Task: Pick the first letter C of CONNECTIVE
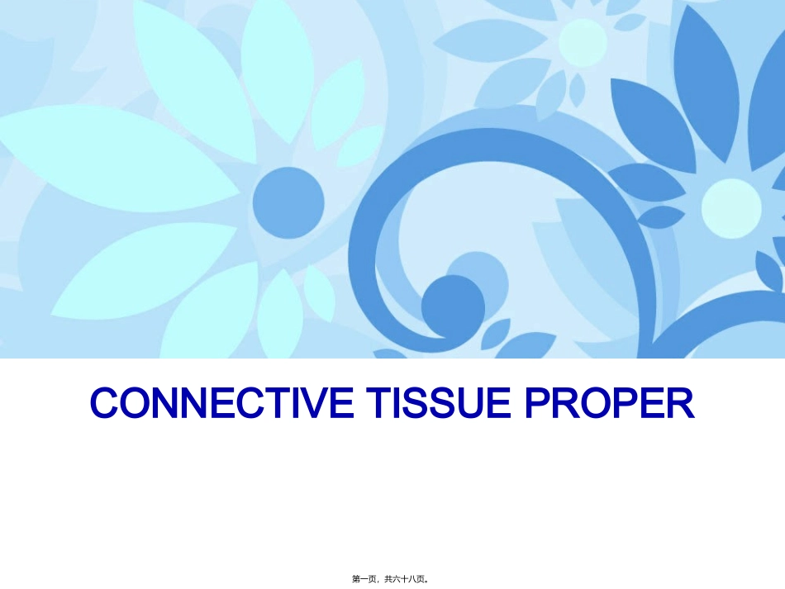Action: (x=103, y=403)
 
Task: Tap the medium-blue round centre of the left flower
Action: (x=288, y=202)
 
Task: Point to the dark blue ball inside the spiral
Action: (x=453, y=305)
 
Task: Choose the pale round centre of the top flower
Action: (x=583, y=42)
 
